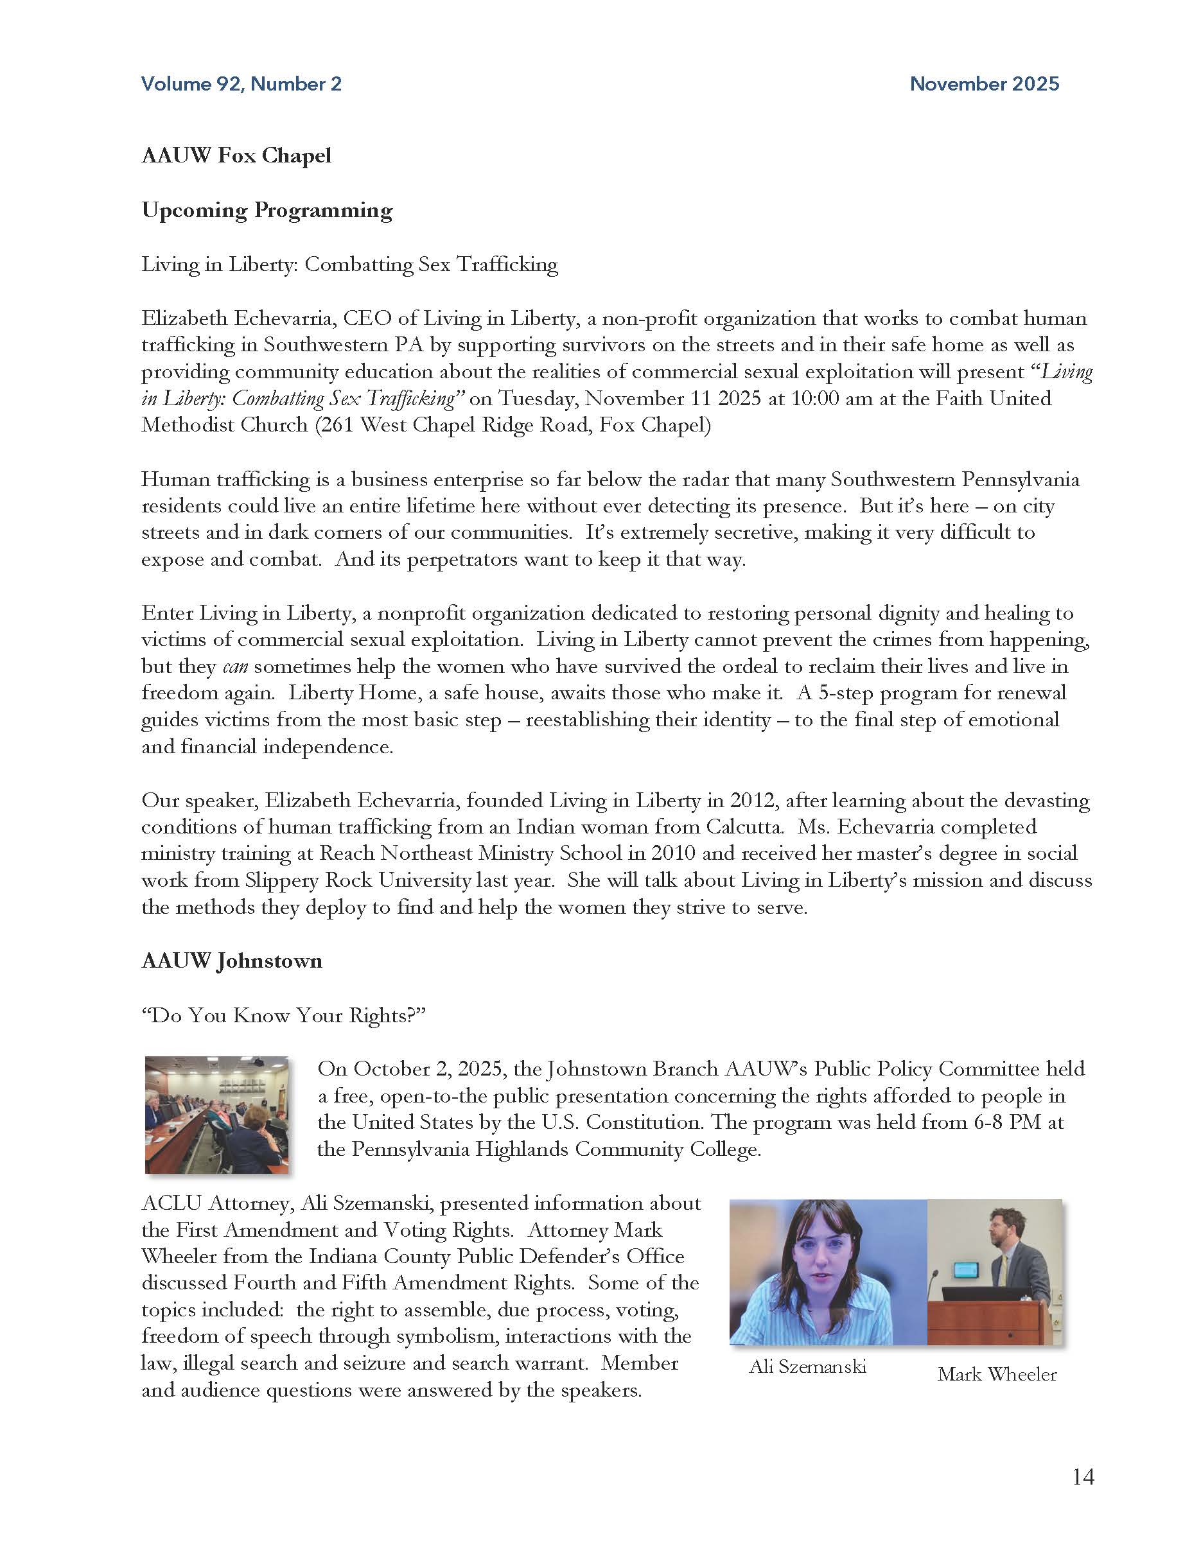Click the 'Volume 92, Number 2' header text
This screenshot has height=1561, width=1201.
tap(241, 84)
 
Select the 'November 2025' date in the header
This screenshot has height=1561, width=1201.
tap(984, 84)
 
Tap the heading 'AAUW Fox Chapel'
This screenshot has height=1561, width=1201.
tap(236, 156)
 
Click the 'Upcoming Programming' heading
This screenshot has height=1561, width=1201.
tap(267, 210)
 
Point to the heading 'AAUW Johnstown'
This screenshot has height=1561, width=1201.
tap(232, 961)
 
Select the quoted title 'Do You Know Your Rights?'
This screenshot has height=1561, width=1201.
tap(283, 1016)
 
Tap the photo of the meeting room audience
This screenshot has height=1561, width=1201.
tap(216, 1114)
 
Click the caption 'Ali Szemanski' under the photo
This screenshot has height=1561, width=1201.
tap(807, 1366)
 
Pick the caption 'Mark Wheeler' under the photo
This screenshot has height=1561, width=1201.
tap(997, 1374)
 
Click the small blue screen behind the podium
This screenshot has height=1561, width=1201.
tap(966, 1270)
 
